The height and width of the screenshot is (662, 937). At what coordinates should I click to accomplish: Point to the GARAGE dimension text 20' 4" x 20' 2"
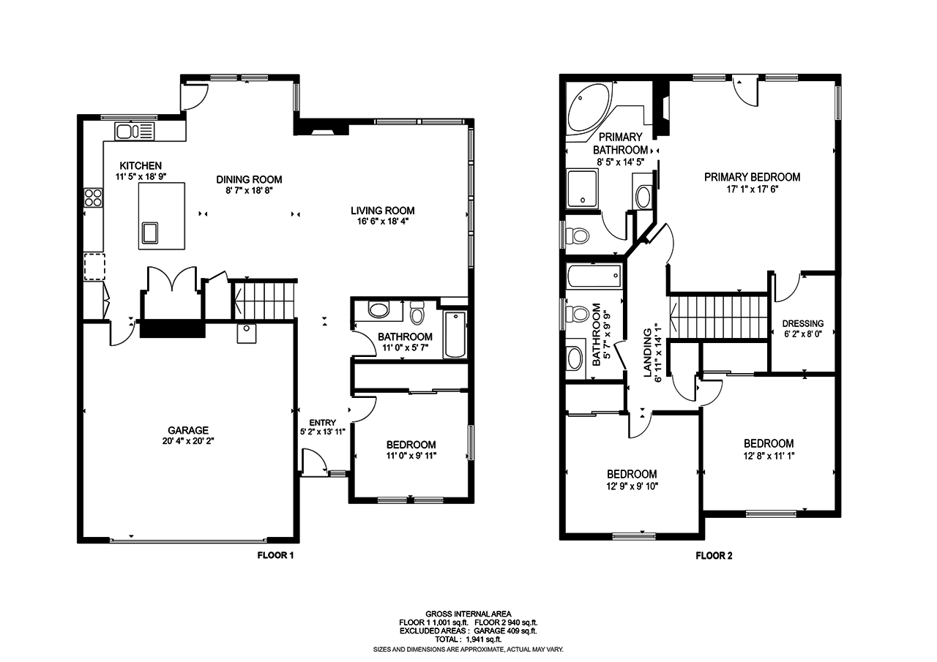point(188,441)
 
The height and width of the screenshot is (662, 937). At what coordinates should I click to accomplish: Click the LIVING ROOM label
point(378,211)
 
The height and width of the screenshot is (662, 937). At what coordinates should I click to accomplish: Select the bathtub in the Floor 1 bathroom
point(455,335)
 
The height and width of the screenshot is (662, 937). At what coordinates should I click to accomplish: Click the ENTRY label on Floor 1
point(323,422)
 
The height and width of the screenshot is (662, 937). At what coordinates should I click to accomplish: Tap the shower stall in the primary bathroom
point(583,188)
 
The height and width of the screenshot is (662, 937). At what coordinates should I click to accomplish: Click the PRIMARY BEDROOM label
point(752,177)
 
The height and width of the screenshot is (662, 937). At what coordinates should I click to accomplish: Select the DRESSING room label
point(802,323)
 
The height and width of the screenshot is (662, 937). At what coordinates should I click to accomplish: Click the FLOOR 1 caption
point(275,555)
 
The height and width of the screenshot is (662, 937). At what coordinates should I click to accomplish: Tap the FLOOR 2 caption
point(714,555)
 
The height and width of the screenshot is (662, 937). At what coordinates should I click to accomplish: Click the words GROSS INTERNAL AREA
point(468,614)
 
